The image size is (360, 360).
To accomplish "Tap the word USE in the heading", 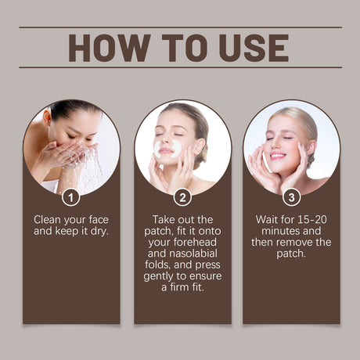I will (250, 48).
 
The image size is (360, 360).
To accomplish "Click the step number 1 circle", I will (71, 197).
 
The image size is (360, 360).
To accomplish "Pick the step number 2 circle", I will (182, 197).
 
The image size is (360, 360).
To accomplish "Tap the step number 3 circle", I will (291, 197).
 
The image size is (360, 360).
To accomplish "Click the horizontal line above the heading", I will (180, 28).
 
